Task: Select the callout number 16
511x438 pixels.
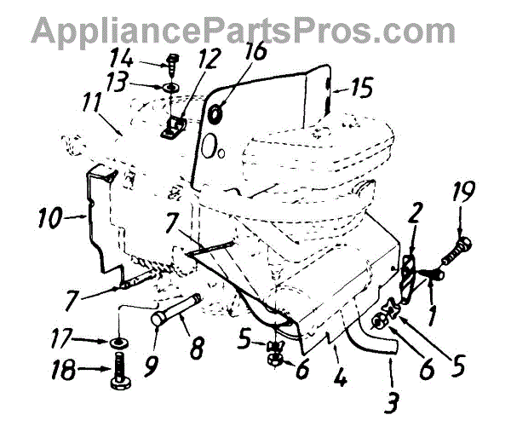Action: click(231, 55)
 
